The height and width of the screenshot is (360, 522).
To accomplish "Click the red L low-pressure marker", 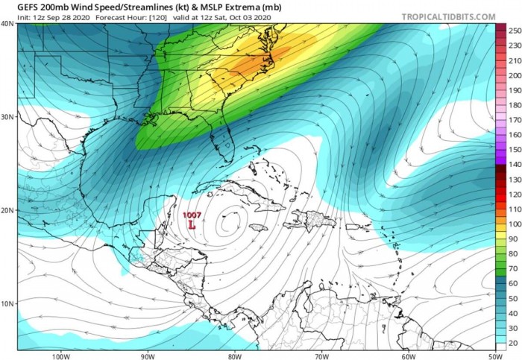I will (x=192, y=224).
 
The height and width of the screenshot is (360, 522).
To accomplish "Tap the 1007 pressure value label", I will (x=192, y=215).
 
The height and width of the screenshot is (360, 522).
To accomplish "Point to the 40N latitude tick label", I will (x=8, y=24).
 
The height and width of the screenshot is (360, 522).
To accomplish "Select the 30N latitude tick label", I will (x=8, y=117).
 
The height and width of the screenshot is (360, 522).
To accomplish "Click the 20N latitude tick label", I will (x=8, y=210).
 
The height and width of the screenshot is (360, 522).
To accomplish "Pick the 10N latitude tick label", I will (x=8, y=303).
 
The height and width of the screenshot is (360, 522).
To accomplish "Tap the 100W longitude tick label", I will (x=61, y=356).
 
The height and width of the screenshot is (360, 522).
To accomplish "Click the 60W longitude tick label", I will (x=406, y=356).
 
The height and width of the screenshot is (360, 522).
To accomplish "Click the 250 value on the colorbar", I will (x=514, y=31).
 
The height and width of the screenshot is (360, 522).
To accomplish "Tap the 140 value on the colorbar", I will (x=514, y=164).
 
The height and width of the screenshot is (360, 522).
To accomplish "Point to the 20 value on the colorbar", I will (x=514, y=342).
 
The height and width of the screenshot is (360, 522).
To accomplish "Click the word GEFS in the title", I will (x=17, y=7).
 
